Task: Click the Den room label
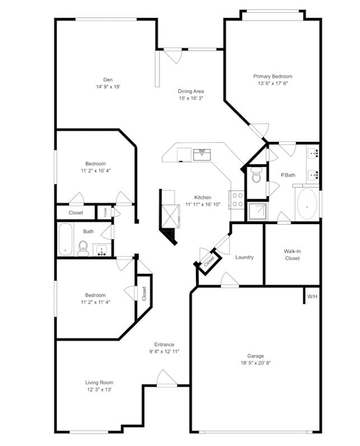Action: click(x=108, y=79)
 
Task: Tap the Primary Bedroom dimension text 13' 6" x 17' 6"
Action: click(x=273, y=83)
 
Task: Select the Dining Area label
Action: click(x=191, y=91)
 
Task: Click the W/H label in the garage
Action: click(x=312, y=296)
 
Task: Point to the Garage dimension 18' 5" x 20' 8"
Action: click(x=255, y=363)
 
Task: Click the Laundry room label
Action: click(x=244, y=257)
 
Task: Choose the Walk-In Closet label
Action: click(x=292, y=255)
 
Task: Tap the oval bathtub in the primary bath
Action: click(x=306, y=203)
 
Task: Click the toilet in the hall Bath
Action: click(x=83, y=248)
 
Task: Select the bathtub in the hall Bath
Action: click(x=66, y=240)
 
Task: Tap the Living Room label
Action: click(x=99, y=383)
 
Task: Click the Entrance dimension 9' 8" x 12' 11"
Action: click(x=164, y=351)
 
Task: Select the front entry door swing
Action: click(x=166, y=378)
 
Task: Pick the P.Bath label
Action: click(x=288, y=175)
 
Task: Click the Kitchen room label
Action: click(x=203, y=197)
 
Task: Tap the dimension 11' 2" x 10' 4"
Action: click(x=95, y=170)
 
